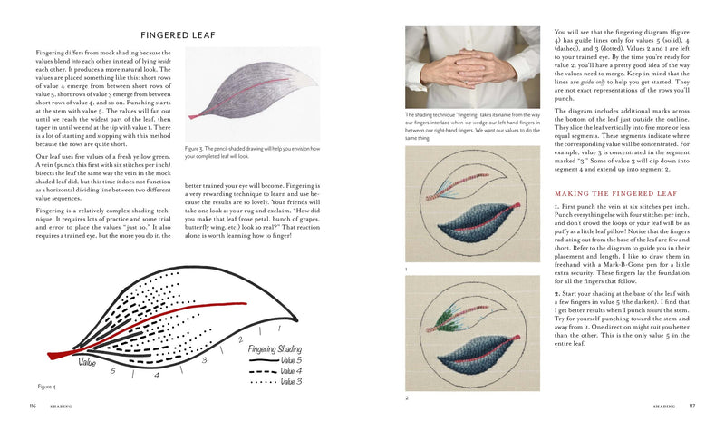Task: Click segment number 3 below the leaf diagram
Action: coord(204,359)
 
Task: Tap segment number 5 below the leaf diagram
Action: coord(112,371)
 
